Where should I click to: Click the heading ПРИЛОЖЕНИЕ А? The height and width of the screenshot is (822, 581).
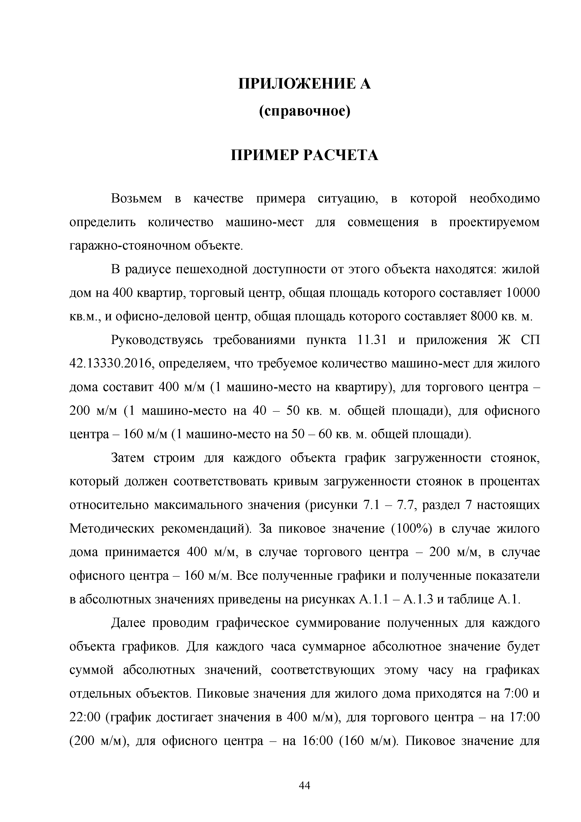(x=305, y=84)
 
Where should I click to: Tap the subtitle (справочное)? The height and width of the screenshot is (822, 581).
(x=305, y=112)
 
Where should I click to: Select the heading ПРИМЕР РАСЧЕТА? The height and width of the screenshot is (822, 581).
(x=305, y=155)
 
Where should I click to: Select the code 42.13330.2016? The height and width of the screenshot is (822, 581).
(x=111, y=364)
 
